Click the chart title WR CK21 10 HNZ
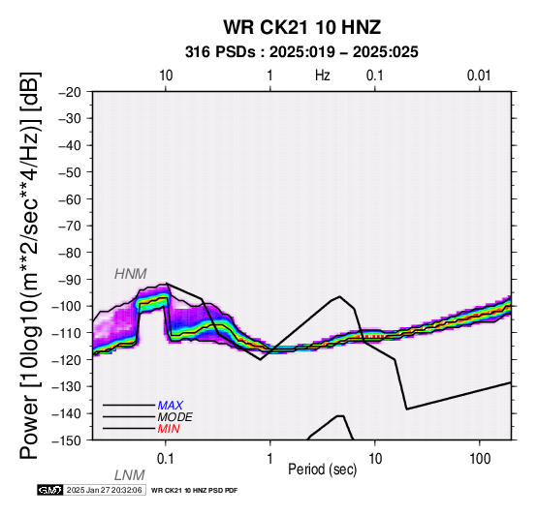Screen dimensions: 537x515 click(x=302, y=27)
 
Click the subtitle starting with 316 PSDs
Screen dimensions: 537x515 click(x=301, y=52)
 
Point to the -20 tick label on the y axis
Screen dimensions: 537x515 click(x=70, y=92)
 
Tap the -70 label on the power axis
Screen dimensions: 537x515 click(x=70, y=226)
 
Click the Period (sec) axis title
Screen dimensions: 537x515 click(x=322, y=470)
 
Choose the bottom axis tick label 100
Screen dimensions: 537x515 click(x=480, y=459)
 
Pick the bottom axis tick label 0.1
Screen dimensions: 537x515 click(x=166, y=459)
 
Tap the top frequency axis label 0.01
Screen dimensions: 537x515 click(x=479, y=76)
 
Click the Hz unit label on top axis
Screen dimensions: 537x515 click(x=322, y=76)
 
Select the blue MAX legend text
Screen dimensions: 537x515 click(x=170, y=406)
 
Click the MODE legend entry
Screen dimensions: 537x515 click(x=175, y=417)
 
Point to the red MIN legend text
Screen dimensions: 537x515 click(x=169, y=429)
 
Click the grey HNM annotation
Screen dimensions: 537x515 click(x=131, y=274)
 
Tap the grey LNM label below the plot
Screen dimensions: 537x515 click(x=130, y=475)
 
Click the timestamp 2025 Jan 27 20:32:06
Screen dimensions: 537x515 click(x=105, y=491)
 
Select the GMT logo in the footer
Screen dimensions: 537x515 click(x=50, y=491)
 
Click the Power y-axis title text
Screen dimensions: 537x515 click(x=30, y=265)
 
